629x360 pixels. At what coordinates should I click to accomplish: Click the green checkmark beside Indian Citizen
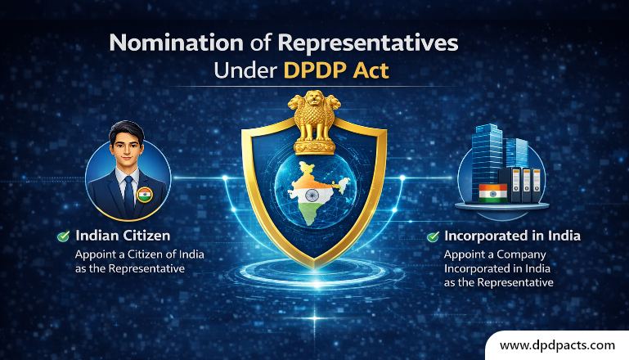63,236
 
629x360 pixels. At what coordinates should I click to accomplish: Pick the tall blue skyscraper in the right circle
489,155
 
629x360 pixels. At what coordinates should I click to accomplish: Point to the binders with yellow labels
526,184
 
